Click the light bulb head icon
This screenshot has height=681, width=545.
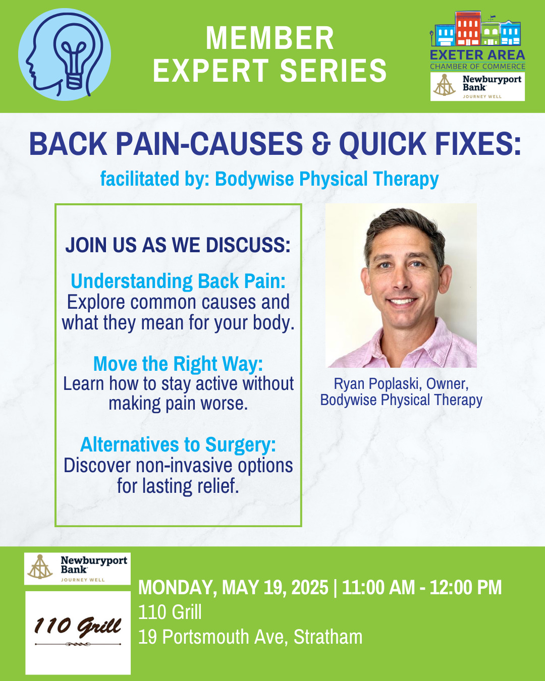(65, 54)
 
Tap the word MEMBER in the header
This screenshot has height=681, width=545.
(270, 38)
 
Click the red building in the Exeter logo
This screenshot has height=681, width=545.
(468, 28)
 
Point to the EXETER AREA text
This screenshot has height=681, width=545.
(477, 55)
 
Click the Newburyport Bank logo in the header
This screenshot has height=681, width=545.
(477, 86)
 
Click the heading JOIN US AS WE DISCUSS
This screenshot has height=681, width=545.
(178, 245)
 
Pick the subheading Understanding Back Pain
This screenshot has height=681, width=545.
(178, 281)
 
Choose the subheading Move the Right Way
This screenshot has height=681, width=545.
(178, 364)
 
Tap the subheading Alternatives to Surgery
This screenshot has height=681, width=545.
(178, 444)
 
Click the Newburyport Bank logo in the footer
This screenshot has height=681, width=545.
(77, 569)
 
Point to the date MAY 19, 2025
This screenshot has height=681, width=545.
(275, 588)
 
